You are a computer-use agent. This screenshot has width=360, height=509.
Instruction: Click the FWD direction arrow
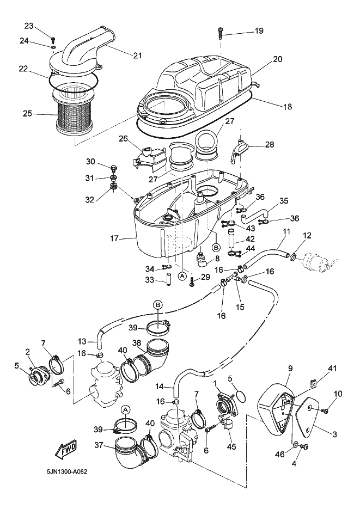coord(66,449)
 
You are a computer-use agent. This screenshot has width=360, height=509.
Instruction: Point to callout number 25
coord(27,114)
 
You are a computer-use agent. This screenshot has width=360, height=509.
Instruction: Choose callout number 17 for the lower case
coord(114,238)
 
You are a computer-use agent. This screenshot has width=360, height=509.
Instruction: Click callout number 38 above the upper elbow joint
coord(136,343)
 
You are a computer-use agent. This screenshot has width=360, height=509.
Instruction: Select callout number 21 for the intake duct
coord(136,54)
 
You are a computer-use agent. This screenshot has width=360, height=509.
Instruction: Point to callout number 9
coord(289,369)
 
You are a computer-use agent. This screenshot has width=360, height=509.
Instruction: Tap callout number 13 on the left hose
coord(82,341)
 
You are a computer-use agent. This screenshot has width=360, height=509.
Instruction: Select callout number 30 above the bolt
coord(90,161)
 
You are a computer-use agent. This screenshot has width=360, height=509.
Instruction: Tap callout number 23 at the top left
coord(29,26)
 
